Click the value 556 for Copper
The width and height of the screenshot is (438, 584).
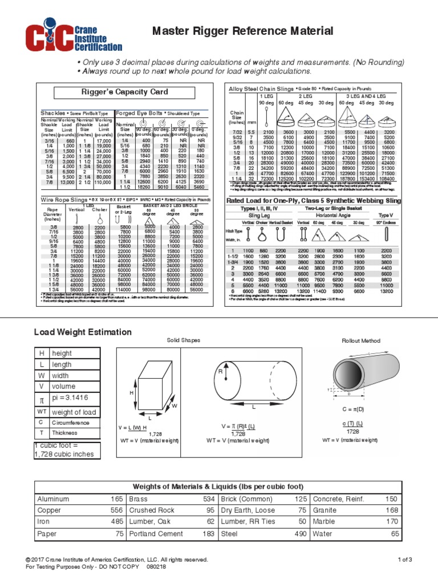[116, 510]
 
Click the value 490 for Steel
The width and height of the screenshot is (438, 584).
[300, 533]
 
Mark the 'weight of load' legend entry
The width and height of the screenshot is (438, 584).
[75, 411]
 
